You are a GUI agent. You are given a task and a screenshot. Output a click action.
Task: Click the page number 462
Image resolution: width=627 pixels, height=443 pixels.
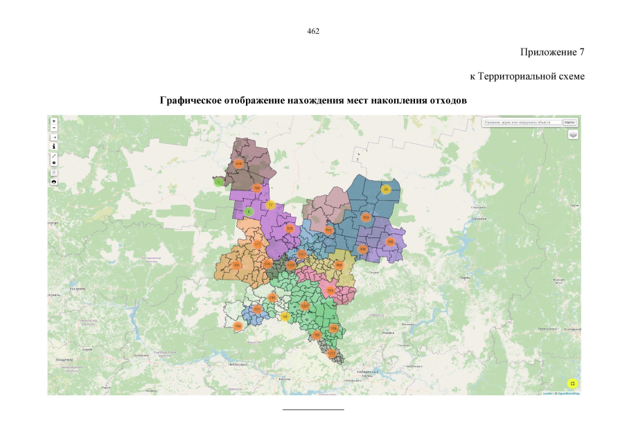point(313,31)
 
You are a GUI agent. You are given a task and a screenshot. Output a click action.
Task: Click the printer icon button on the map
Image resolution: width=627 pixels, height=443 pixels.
point(54,181)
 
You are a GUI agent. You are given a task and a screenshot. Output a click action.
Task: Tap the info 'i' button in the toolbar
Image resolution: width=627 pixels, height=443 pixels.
point(54,146)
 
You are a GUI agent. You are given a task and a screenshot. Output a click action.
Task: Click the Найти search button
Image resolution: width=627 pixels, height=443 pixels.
point(569,123)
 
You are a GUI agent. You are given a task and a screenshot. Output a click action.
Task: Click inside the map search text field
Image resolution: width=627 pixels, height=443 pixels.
point(522,123)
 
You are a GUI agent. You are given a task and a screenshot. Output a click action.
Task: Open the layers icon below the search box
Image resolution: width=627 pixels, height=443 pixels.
point(572,135)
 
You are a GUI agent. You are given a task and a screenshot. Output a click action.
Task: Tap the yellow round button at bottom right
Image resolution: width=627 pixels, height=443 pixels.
point(572,383)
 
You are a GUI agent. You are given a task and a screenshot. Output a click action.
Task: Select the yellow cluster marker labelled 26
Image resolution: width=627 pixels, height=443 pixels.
point(386,189)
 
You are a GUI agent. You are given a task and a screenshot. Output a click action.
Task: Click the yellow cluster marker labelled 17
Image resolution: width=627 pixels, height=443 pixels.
point(271,205)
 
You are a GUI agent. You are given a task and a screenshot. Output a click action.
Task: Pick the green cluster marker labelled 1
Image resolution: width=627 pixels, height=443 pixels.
point(218,183)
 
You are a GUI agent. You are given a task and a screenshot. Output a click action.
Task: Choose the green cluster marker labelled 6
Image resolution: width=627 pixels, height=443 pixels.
point(248,211)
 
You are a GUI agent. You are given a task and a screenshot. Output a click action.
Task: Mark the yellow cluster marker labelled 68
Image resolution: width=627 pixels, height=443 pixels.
point(285,316)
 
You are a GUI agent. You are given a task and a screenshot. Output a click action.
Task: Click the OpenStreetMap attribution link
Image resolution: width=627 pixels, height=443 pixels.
point(568,393)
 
